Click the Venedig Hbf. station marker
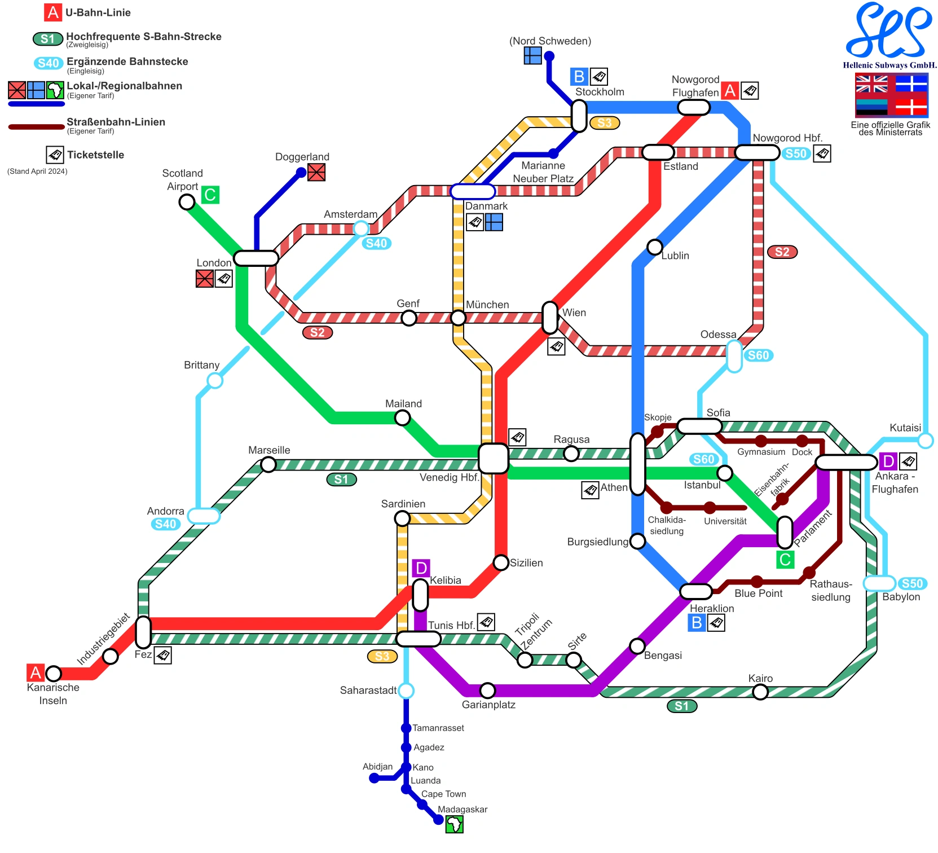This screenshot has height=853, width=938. coord(493,458)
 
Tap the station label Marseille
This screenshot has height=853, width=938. coord(269,450)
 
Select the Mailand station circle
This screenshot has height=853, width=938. coord(402,418)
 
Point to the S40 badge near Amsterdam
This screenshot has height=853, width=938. coord(376,243)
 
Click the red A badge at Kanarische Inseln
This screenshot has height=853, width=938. coord(36,672)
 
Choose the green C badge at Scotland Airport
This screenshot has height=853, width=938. coord(210,195)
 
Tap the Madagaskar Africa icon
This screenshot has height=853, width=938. coord(454,825)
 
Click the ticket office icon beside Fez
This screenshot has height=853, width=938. coord(162,655)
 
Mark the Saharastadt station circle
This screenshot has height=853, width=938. coord(406,691)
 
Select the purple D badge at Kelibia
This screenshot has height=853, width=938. coord(421,568)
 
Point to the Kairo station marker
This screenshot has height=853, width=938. coord(760,692)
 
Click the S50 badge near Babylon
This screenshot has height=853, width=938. coord(912,583)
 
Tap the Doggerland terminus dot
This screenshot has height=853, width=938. coord(301,173)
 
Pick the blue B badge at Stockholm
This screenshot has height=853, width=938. coord(579,76)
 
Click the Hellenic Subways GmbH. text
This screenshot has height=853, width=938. coord(889,65)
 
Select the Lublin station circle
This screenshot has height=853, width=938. coord(654,247)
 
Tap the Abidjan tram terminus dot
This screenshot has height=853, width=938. coord(374,779)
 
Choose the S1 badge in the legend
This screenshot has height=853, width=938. coord(47,38)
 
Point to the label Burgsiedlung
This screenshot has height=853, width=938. coord(597,542)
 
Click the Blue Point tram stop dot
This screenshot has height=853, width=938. coord(757,582)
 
